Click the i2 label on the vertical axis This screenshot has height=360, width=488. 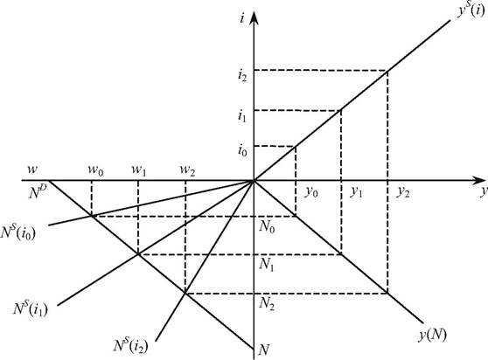pyautogui.click(x=242, y=75)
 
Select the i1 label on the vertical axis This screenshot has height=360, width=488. pyautogui.click(x=242, y=115)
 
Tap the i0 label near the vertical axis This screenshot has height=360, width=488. pyautogui.click(x=242, y=151)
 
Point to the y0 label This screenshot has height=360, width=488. pyautogui.click(x=311, y=192)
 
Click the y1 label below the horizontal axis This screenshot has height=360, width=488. pyautogui.click(x=356, y=192)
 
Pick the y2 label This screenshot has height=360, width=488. pyautogui.click(x=402, y=192)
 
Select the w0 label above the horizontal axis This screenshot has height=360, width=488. pyautogui.click(x=95, y=170)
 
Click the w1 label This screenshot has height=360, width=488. pyautogui.click(x=139, y=170)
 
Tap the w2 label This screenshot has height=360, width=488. pyautogui.click(x=187, y=170)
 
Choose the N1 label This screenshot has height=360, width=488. pyautogui.click(x=267, y=265)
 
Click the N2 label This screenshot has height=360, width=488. pyautogui.click(x=267, y=303)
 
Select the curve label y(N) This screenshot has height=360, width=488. pyautogui.click(x=433, y=336)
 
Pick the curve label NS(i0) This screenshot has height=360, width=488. pyautogui.click(x=18, y=232)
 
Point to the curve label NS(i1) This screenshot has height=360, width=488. pyautogui.click(x=31, y=308)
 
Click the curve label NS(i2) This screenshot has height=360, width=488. pyautogui.click(x=130, y=345)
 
